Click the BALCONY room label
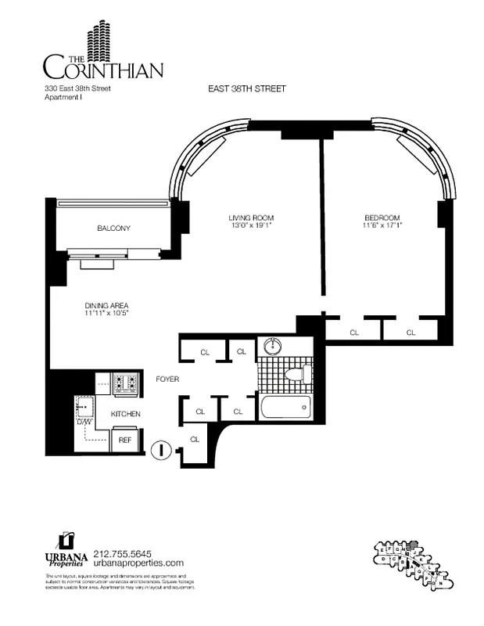pyautogui.click(x=113, y=228)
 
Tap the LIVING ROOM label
pyautogui.click(x=251, y=218)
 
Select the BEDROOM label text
pyautogui.click(x=382, y=218)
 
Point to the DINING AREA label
pyautogui.click(x=106, y=305)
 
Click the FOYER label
pyautogui.click(x=167, y=379)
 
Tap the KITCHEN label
pyautogui.click(x=125, y=413)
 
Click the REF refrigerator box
pyautogui.click(x=125, y=441)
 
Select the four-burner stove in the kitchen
pyautogui.click(x=127, y=383)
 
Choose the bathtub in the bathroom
pyautogui.click(x=284, y=407)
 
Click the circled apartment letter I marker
pyautogui.click(x=160, y=450)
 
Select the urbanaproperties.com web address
pyautogui.click(x=138, y=563)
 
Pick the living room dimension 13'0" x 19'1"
pyautogui.click(x=251, y=226)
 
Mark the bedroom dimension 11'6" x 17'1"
pyautogui.click(x=382, y=226)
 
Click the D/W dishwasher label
pyautogui.click(x=84, y=422)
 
